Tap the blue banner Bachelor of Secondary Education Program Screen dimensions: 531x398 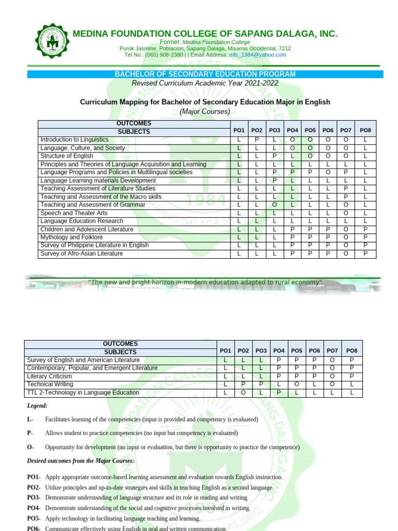(205, 74)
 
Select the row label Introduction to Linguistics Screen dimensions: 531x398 (75, 140)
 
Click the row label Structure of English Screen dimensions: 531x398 (67, 156)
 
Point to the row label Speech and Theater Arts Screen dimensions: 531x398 (74, 213)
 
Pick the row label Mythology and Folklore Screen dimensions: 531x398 (72, 237)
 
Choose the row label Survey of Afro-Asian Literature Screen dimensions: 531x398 (81, 254)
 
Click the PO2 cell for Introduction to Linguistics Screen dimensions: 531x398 (257, 140)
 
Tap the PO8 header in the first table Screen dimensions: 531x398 (365, 131)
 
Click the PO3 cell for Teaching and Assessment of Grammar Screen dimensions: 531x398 (275, 205)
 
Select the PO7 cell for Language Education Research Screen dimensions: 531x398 (346, 221)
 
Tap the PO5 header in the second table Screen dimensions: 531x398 (297, 351)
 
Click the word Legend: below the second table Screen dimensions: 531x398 (37, 406)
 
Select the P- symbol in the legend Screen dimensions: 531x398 (30, 433)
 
